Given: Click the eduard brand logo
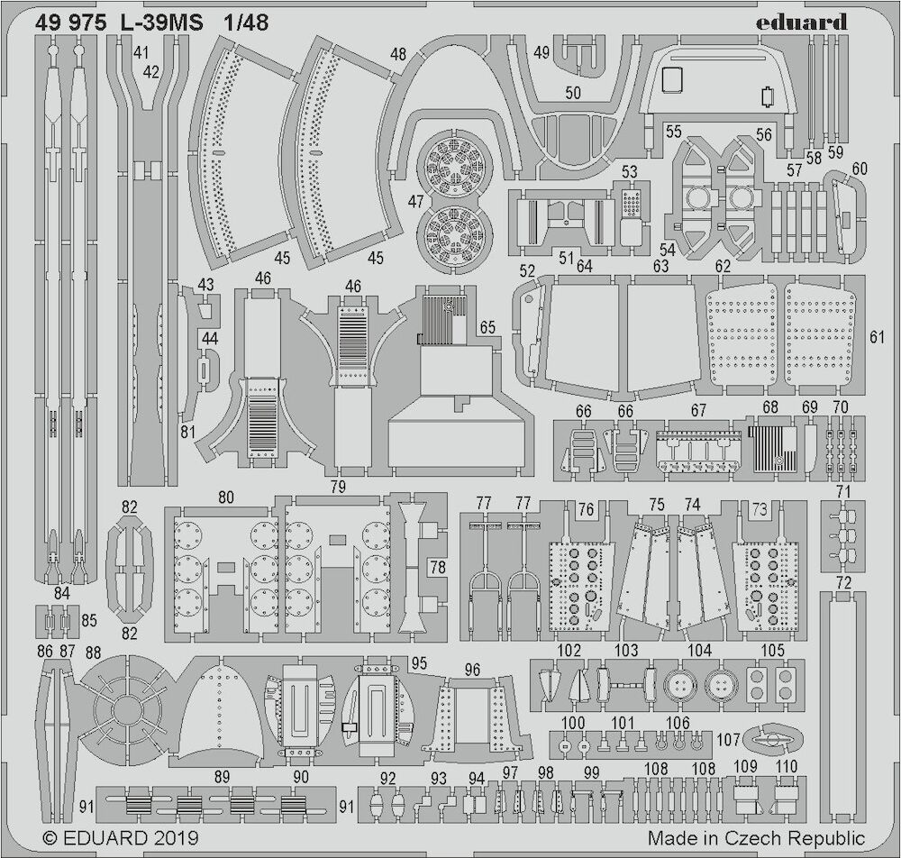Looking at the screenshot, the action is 801,22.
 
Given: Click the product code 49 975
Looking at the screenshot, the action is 70,23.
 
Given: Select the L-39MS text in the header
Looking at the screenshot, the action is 161,23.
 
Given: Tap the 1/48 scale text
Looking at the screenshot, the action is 246,23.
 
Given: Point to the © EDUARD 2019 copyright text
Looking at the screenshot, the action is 121,837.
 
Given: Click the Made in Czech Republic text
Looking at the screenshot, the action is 756,838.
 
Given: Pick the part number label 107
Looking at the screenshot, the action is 728,739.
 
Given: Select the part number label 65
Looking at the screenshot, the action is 487,327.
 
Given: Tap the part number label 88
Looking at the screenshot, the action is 93,653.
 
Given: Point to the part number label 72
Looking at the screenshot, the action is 843,583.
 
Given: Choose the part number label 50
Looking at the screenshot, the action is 573,93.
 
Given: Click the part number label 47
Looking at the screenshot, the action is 415,201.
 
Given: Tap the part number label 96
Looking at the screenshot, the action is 472,670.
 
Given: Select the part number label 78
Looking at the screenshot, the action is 438,567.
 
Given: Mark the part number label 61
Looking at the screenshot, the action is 877,337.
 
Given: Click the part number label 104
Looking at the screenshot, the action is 699,651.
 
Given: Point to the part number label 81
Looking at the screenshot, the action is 188,432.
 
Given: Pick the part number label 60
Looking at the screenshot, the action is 860,169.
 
